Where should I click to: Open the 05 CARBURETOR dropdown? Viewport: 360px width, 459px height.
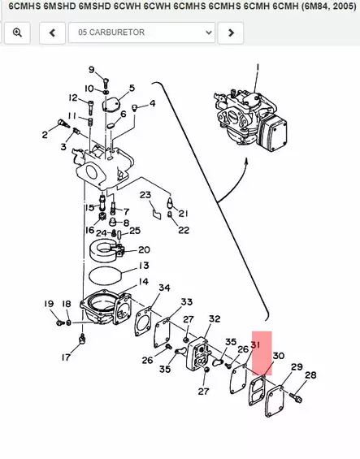pyautogui.click(x=141, y=32)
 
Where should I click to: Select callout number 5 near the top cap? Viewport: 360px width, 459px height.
pyautogui.click(x=132, y=88)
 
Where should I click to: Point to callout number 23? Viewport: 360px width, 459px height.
pyautogui.click(x=145, y=195)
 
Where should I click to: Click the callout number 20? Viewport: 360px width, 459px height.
pyautogui.click(x=144, y=249)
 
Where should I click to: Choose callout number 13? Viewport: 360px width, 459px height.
pyautogui.click(x=143, y=266)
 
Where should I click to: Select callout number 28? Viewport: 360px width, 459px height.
pyautogui.click(x=310, y=375)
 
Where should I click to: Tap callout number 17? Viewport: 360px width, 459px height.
pyautogui.click(x=66, y=357)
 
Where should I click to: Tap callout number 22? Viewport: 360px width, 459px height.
pyautogui.click(x=184, y=230)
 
